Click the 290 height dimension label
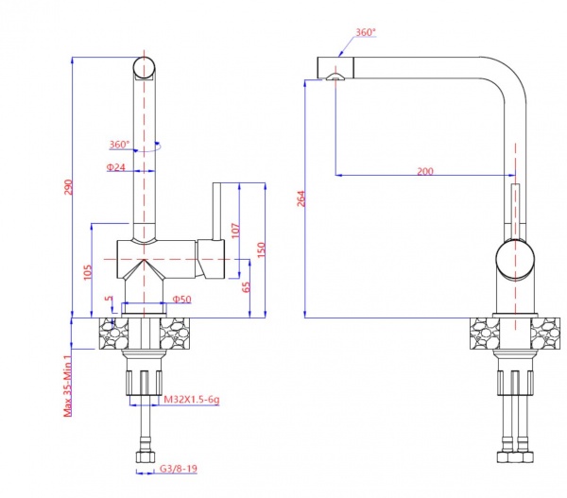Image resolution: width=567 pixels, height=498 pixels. (x=67, y=188)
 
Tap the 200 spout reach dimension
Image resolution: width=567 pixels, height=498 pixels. (x=424, y=170)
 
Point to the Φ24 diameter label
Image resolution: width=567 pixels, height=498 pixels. (x=116, y=167)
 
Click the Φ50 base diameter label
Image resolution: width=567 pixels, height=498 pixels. (x=182, y=300)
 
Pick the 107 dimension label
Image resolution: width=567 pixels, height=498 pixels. (x=235, y=230)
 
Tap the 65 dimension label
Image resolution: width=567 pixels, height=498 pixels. (x=247, y=288)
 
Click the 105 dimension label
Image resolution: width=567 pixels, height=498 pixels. (x=87, y=273)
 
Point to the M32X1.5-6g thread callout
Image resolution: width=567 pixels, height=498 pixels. (x=191, y=400)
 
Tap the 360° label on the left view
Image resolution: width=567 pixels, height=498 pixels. (x=119, y=145)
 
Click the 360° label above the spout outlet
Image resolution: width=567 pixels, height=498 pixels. (x=365, y=32)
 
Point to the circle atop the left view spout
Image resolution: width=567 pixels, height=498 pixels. (x=143, y=67)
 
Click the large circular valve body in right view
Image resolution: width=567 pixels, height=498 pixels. (x=515, y=261)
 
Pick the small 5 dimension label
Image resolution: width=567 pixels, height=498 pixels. (x=110, y=301)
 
